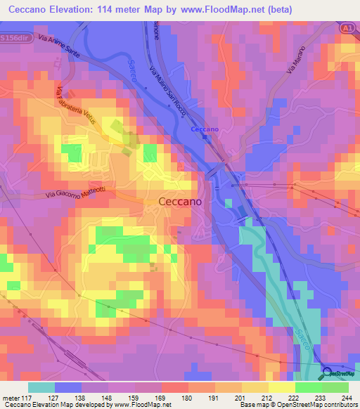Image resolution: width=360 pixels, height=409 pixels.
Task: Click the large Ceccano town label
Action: pos(181,201)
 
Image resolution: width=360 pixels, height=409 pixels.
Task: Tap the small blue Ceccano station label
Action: pos(206,129)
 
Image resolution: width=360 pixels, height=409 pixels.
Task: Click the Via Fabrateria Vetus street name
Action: pos(77,105)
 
